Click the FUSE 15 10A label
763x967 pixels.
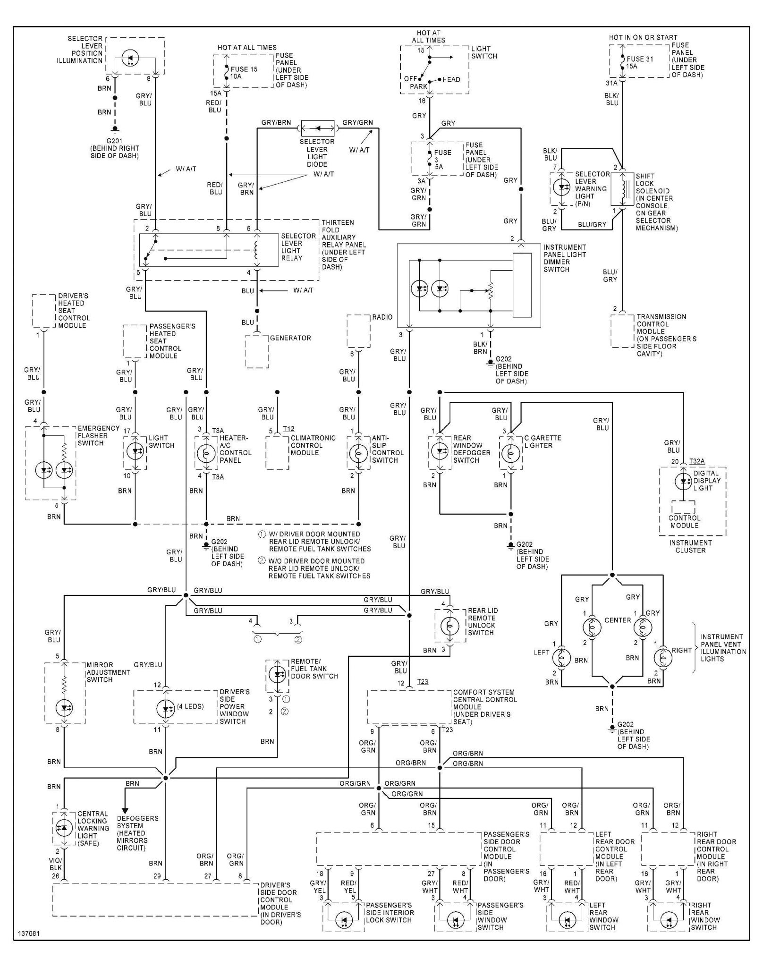click(244, 73)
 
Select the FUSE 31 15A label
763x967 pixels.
click(639, 62)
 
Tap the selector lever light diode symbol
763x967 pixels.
click(317, 128)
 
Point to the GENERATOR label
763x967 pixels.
click(290, 338)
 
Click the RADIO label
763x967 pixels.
click(382, 317)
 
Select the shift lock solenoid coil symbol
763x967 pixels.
click(623, 189)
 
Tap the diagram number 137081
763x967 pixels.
click(29, 934)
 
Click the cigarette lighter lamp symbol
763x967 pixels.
click(511, 453)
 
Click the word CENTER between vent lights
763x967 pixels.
click(618, 620)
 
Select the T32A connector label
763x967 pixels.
click(697, 462)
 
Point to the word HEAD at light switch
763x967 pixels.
click(451, 80)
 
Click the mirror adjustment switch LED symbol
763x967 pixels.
click(64, 708)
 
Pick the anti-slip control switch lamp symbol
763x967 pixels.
click(358, 453)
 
